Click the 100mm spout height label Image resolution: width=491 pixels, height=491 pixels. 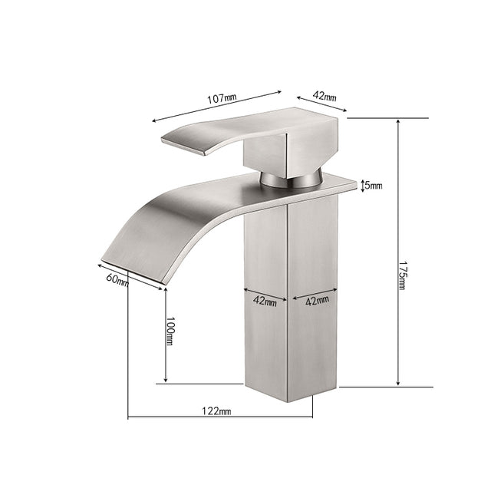170,336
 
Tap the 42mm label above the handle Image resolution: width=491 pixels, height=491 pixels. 324,97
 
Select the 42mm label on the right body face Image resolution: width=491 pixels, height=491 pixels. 317,302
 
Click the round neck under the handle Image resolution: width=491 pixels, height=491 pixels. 288,179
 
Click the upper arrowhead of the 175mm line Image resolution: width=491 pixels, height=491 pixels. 397,121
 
